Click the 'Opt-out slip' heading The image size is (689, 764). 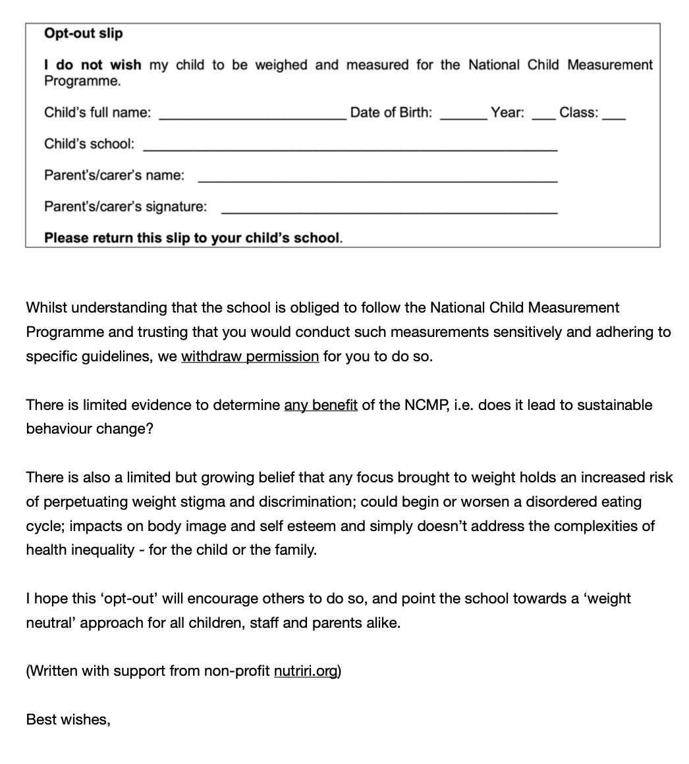pos(83,33)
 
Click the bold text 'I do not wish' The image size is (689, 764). pos(92,64)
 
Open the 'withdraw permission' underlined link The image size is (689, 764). pos(250,357)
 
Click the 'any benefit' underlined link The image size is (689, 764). pos(321,405)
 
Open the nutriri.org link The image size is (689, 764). pos(305,671)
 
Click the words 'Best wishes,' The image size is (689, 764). pos(68,720)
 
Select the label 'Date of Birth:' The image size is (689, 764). pos(391,113)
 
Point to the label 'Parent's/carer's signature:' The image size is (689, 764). pos(125,207)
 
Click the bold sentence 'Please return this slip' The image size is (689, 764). pos(193,238)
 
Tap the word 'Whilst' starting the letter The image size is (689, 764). pos(45,308)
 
